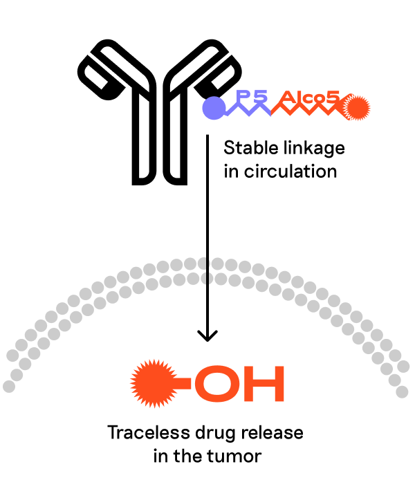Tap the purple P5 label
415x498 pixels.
point(252,98)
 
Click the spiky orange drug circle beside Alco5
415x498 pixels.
point(358,107)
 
